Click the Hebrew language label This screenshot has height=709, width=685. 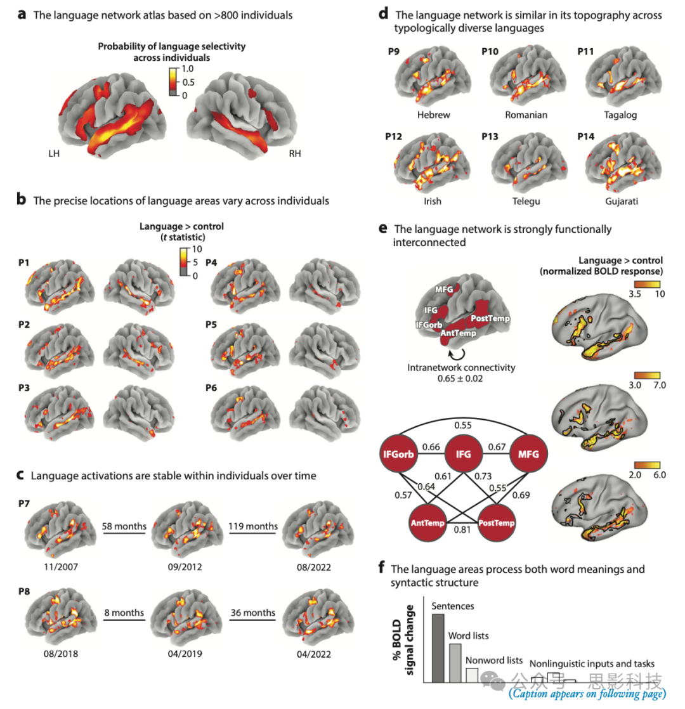tap(434, 115)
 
